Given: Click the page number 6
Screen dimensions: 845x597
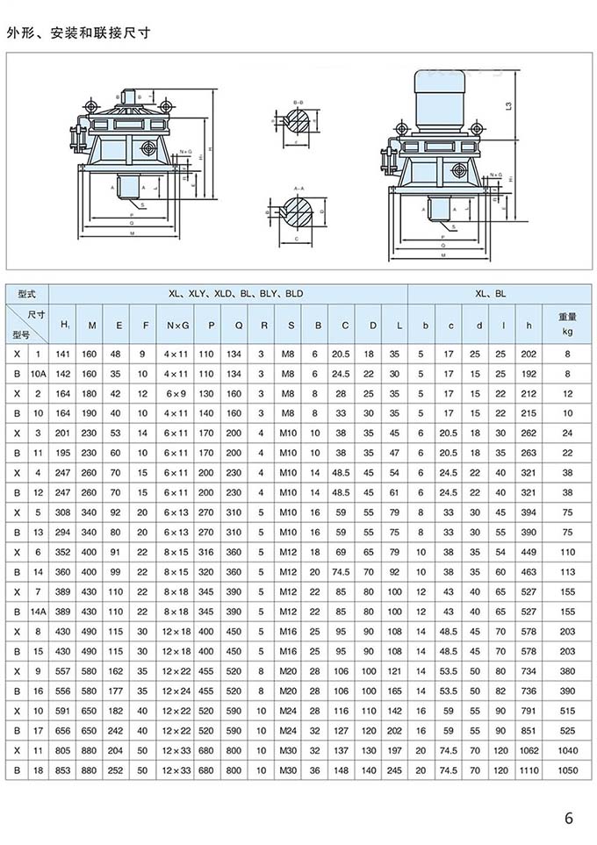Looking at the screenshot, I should tap(569, 819).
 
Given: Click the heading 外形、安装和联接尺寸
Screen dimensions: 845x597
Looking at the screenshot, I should tap(78, 32).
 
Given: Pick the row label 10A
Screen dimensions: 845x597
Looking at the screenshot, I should tap(38, 373).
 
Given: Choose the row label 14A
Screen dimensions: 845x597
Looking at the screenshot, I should tap(38, 610).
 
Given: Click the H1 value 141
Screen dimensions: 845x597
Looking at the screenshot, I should tap(63, 353).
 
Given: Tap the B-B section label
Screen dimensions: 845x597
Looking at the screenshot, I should tap(297, 103).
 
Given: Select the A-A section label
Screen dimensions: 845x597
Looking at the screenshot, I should tap(297, 188).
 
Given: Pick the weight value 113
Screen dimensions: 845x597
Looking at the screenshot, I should tap(566, 570).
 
